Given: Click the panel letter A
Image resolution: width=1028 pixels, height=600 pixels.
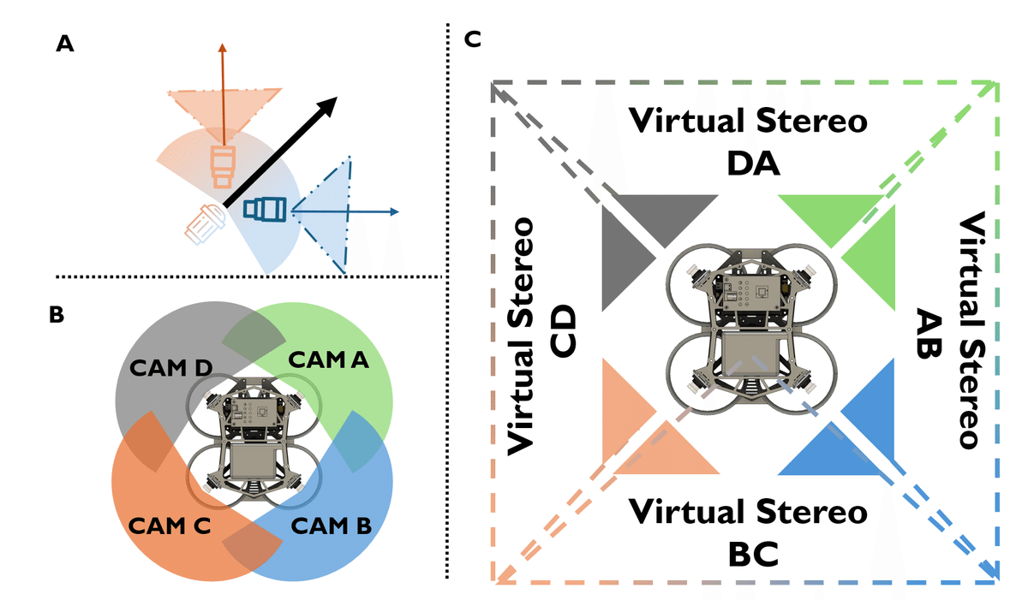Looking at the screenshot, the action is tap(65, 44).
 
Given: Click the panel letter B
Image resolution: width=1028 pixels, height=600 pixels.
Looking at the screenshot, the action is tap(57, 315).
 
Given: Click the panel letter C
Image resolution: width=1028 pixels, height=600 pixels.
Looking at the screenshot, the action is tap(472, 39).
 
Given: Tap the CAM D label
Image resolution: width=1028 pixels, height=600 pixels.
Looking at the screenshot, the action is tap(171, 367).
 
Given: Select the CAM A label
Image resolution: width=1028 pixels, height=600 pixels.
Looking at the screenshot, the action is tap(329, 359).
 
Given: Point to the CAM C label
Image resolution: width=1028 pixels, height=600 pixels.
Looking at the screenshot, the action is tap(170, 526).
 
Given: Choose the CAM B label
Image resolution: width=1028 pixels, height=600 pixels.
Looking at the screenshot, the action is tap(332, 526).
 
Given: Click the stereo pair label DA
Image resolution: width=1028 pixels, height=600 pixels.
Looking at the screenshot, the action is tap(753, 164).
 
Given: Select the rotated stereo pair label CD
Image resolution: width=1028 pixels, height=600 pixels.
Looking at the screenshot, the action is tap(563, 331).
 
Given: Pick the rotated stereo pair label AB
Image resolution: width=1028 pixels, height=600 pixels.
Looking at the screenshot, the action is tap(929, 333).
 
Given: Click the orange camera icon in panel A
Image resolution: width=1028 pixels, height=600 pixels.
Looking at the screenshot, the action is tap(223, 166).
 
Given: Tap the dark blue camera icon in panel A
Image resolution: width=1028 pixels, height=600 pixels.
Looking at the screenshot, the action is tap(266, 210).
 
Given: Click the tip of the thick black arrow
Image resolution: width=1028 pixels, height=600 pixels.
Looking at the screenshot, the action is tap(338, 98).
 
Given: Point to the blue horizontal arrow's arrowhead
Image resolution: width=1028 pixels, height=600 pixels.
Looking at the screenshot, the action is tap(394, 211).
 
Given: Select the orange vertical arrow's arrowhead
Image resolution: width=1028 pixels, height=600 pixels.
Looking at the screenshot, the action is tap(223, 48).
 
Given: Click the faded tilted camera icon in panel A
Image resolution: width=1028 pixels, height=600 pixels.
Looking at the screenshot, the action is tap(205, 224).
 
